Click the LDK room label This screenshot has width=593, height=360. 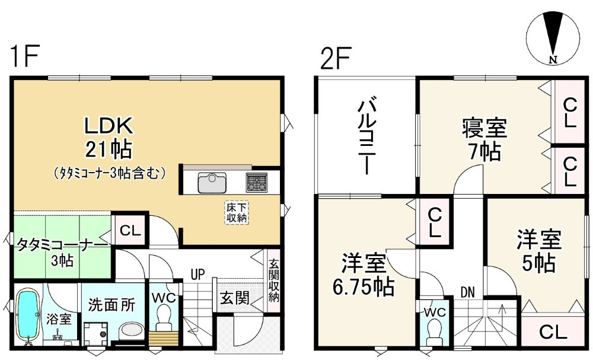click(x=110, y=126)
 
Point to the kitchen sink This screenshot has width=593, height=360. click(x=210, y=182)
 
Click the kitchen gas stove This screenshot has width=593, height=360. click(x=258, y=182)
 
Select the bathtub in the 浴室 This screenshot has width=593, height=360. click(x=27, y=316)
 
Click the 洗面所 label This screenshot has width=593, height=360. click(x=108, y=305)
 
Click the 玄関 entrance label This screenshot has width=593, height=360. click(x=235, y=298)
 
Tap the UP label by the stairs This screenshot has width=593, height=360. click(x=197, y=275)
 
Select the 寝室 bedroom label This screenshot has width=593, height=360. click(x=484, y=128)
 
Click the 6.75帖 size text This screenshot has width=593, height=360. click(x=364, y=288)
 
